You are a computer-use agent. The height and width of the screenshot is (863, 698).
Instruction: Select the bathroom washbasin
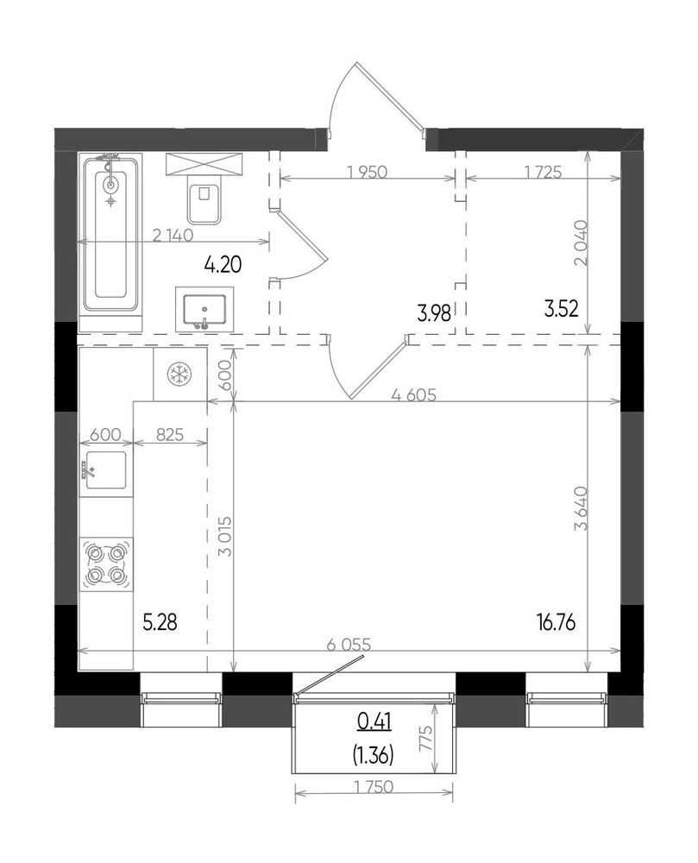tap(204, 310)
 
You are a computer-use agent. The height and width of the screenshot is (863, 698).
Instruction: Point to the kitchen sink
tap(105, 471)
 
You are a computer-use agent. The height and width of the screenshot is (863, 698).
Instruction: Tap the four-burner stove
tap(106, 564)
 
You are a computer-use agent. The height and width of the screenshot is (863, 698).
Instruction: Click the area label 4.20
tap(223, 265)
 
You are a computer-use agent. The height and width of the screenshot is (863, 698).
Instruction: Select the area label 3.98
tap(434, 314)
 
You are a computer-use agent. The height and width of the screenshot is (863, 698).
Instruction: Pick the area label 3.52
tap(561, 309)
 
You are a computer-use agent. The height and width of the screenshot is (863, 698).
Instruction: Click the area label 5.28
tap(160, 623)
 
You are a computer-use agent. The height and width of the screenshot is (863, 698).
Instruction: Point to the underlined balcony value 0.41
tap(374, 721)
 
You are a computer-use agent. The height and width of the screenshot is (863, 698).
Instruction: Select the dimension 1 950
tap(368, 172)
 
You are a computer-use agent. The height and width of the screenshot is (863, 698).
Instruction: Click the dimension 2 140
tap(173, 236)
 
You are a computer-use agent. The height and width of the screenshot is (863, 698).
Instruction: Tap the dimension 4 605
tap(413, 394)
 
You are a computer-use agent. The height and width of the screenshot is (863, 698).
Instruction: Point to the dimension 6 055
tap(349, 644)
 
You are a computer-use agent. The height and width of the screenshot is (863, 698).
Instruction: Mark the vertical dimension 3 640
tap(581, 508)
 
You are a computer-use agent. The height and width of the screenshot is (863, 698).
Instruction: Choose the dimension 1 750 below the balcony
tap(374, 787)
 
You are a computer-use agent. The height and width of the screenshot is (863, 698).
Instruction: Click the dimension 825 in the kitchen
tap(169, 435)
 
